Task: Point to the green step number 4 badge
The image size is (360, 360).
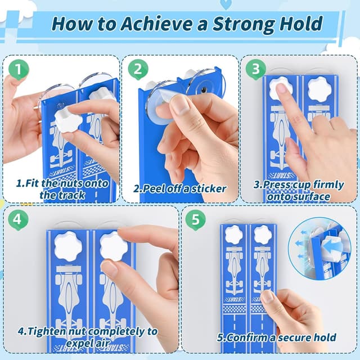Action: (18, 220)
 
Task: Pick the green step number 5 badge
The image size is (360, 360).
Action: (196, 220)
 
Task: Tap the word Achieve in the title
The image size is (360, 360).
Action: (156, 24)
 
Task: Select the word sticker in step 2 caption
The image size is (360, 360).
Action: (209, 189)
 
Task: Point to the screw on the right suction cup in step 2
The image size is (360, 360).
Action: (204, 89)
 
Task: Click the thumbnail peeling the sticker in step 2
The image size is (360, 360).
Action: (179, 105)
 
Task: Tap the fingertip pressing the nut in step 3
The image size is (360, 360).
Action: (282, 89)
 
